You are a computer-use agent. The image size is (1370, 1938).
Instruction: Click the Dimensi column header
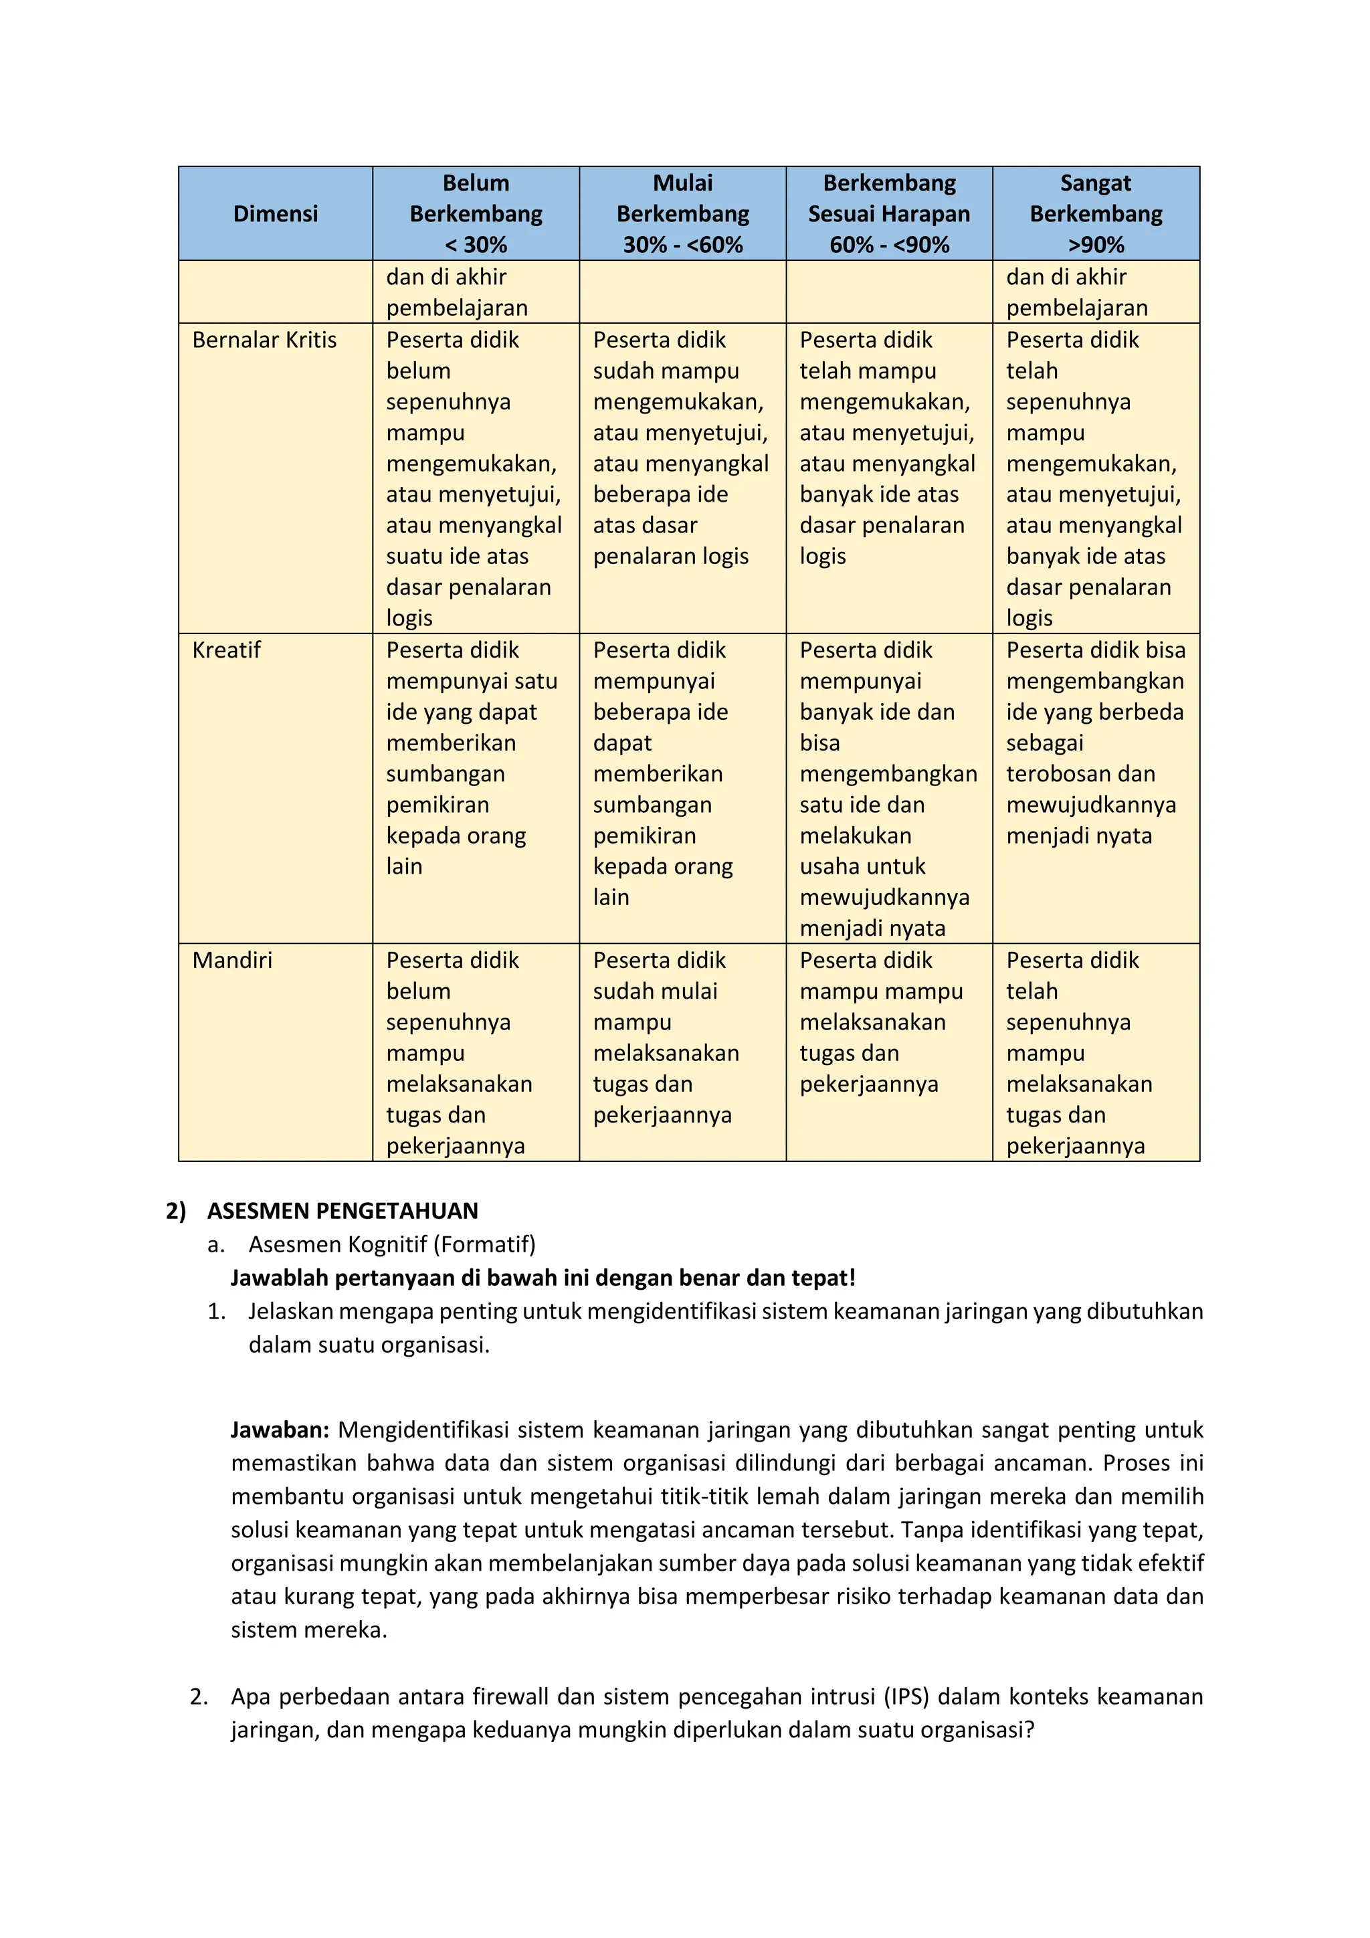coord(275,213)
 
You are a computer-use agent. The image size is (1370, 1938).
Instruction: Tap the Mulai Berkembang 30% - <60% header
coord(682,213)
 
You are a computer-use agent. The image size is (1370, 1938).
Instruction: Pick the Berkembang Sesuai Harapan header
coord(889,213)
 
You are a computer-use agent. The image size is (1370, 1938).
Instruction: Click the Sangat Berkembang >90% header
coord(1096,213)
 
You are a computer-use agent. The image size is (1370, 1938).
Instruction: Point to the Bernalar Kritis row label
coord(264,339)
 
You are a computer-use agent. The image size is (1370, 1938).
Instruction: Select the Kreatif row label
coord(226,650)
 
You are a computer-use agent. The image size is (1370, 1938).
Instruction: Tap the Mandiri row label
coord(232,960)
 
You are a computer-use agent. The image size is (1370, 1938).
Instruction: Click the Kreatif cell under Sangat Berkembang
coord(1095,743)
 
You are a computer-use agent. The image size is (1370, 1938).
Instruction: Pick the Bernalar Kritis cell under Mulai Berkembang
coord(680,448)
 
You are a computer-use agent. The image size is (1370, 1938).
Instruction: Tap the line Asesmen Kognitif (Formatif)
coord(392,1244)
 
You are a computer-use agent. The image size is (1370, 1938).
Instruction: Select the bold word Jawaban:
coord(280,1430)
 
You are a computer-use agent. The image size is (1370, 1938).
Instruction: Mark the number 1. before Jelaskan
coord(216,1311)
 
